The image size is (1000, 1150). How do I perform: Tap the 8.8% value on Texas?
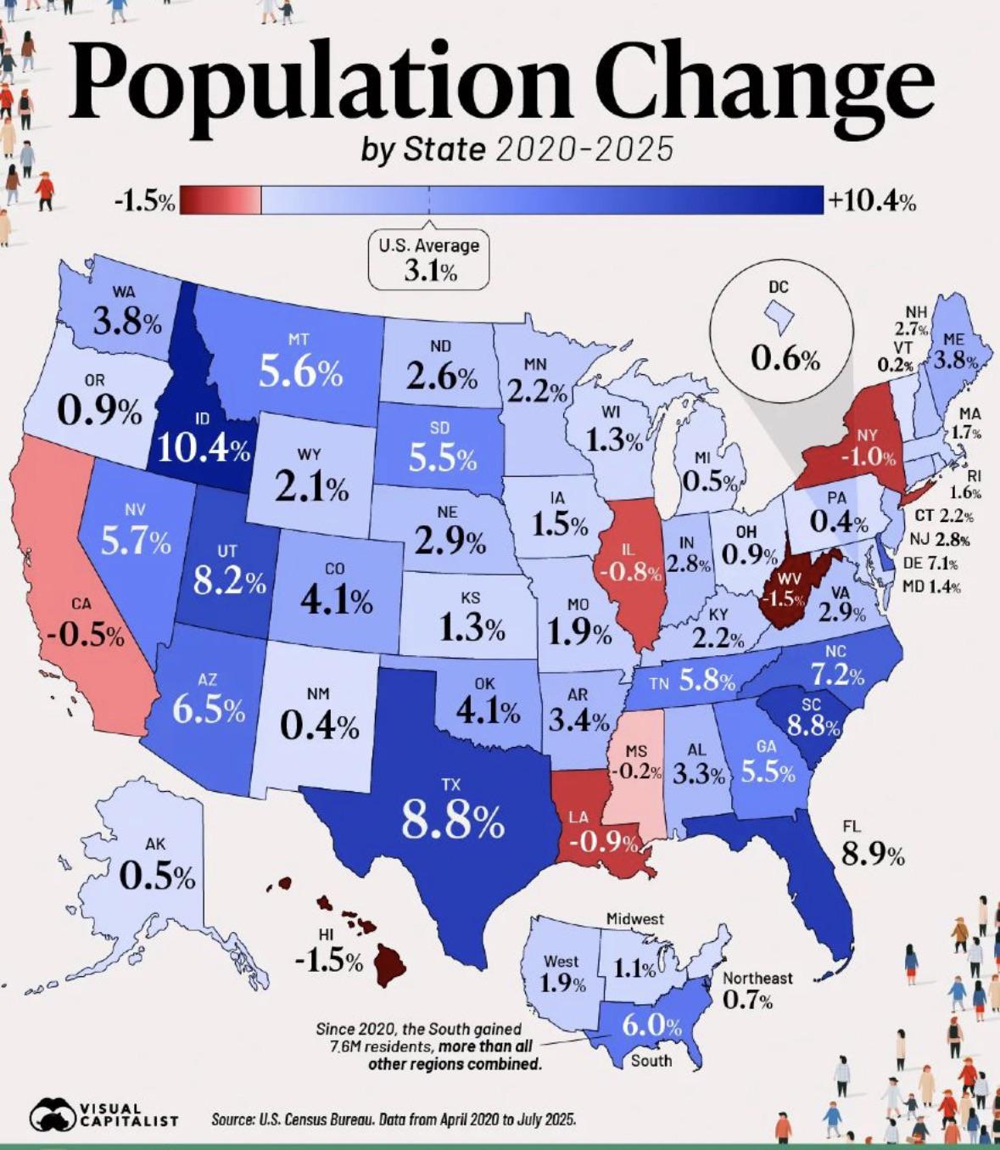[x=452, y=820]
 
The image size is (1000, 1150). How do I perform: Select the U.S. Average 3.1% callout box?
[x=428, y=260]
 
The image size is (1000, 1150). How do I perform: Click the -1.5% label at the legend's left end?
[x=144, y=202]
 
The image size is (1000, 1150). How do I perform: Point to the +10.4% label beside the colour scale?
[x=872, y=202]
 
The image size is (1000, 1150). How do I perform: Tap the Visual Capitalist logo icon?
[x=53, y=1114]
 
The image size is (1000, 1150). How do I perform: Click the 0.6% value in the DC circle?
[x=785, y=360]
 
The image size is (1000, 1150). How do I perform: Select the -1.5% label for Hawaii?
[x=328, y=962]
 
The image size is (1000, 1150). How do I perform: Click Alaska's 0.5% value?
[x=157, y=876]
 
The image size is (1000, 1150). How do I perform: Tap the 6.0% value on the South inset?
[x=651, y=1025]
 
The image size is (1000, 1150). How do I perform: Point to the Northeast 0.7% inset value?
[x=747, y=1001]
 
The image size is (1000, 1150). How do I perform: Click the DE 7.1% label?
[x=930, y=563]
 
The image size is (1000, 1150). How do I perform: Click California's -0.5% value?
[x=86, y=635]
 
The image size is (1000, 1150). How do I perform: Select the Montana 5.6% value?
[x=300, y=373]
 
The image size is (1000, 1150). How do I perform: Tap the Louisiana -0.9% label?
[x=603, y=843]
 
